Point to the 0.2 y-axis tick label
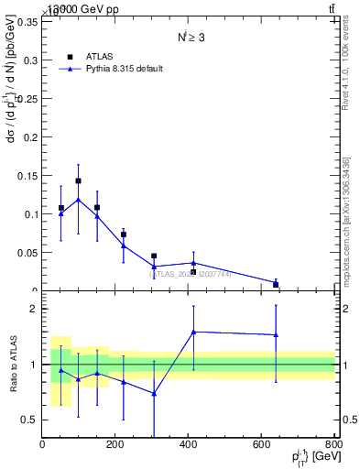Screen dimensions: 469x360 pyautogui.click(x=29, y=137)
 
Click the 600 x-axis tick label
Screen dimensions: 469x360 pyautogui.click(x=262, y=444)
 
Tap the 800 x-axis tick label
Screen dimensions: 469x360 pyautogui.click(x=334, y=444)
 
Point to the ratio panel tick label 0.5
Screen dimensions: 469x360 pyautogui.click(x=28, y=420)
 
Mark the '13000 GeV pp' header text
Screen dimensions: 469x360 pyautogui.click(x=82, y=9)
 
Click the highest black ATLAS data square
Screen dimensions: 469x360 pyautogui.click(x=78, y=181)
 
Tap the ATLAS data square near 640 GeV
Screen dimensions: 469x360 pyautogui.click(x=276, y=284)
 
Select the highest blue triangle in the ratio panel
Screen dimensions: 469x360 pyautogui.click(x=193, y=332)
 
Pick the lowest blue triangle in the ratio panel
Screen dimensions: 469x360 pyautogui.click(x=154, y=394)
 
